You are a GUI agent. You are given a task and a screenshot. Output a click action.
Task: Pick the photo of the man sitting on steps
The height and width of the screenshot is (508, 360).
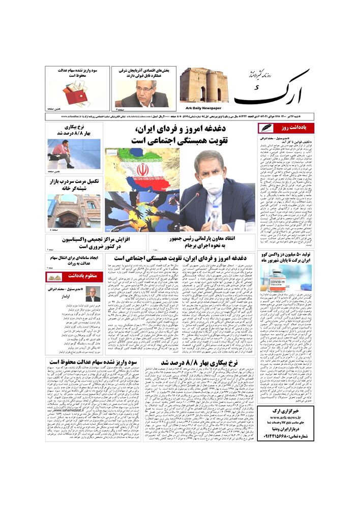pyautogui.click(x=73, y=154)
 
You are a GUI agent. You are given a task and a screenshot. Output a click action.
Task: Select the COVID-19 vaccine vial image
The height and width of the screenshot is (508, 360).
pyautogui.click(x=279, y=278)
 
